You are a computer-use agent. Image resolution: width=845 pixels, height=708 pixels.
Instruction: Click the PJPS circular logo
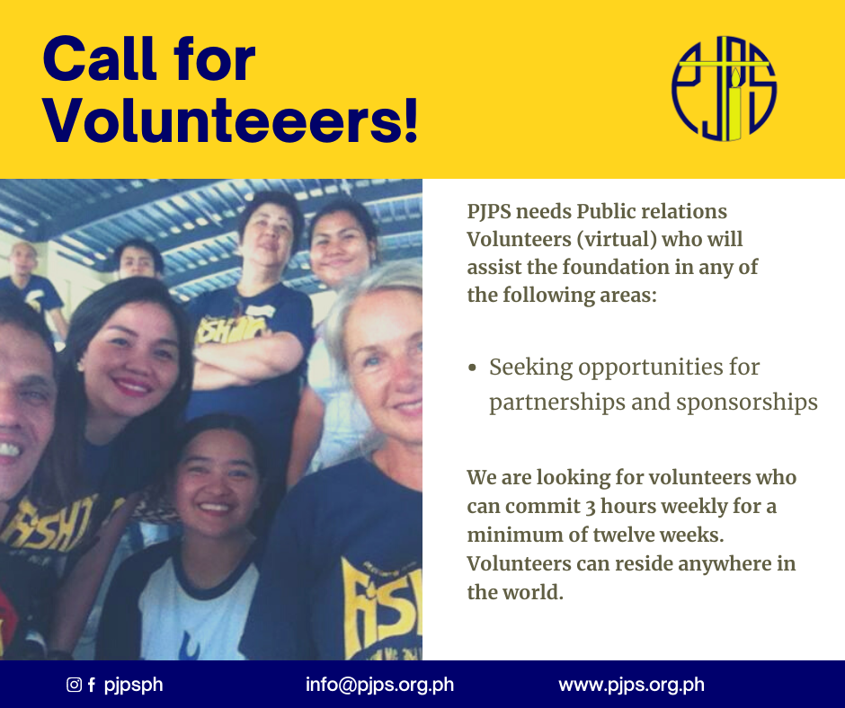(724, 89)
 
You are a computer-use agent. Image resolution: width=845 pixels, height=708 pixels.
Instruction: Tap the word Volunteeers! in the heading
(231, 120)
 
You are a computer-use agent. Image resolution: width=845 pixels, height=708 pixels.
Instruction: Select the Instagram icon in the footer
(74, 685)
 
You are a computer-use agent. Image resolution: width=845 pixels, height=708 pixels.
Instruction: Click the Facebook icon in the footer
(92, 685)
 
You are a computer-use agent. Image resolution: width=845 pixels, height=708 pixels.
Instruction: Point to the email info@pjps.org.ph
(379, 685)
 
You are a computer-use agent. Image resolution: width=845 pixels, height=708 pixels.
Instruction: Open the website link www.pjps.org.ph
(632, 685)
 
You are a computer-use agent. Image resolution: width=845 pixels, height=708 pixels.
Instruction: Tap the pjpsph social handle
(133, 685)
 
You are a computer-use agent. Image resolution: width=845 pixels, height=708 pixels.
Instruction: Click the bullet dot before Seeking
(473, 368)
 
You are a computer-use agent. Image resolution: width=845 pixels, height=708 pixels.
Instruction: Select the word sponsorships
(747, 403)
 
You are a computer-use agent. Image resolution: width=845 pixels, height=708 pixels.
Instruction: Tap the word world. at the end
(533, 592)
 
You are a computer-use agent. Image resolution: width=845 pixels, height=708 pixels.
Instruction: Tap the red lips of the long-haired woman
(132, 387)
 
